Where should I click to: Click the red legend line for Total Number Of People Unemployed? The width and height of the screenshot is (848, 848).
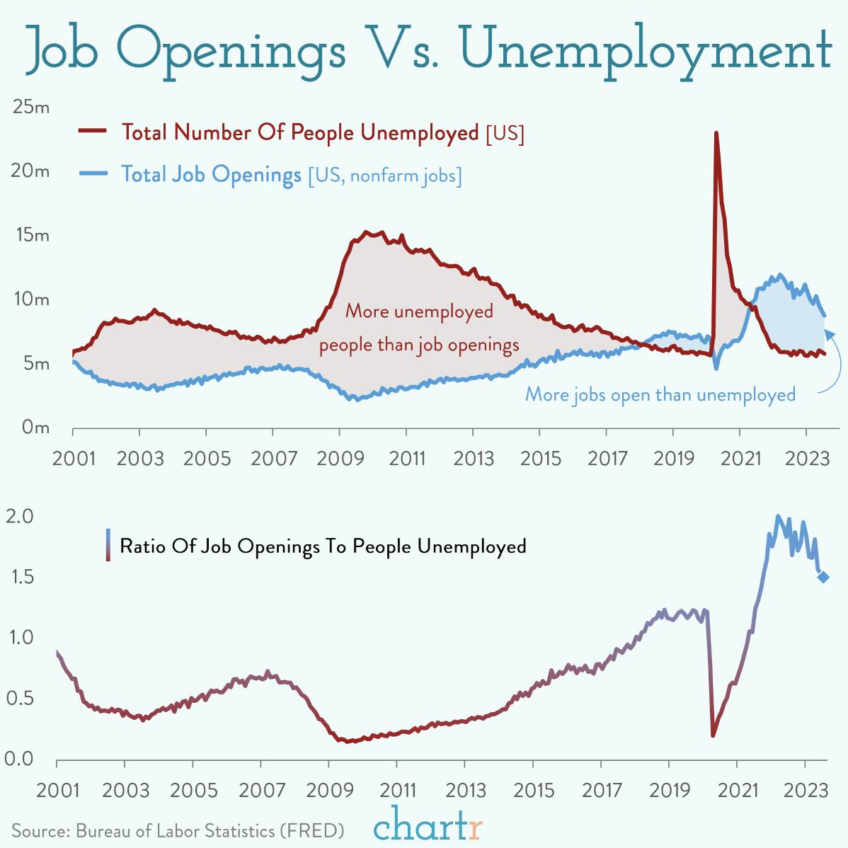point(92,131)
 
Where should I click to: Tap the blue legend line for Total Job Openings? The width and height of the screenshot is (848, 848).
point(92,173)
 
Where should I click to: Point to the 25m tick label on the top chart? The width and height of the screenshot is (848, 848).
point(31,108)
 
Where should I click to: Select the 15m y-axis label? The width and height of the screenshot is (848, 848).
point(31,235)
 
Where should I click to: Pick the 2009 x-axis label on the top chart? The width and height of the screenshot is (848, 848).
point(340,458)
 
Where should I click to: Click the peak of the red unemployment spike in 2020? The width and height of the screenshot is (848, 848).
point(716,133)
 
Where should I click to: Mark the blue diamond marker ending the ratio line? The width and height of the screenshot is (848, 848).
point(823,577)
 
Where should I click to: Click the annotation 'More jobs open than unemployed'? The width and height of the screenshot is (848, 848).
point(660,394)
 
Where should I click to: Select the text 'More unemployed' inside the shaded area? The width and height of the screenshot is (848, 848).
point(419,311)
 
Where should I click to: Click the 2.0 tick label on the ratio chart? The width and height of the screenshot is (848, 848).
point(20,517)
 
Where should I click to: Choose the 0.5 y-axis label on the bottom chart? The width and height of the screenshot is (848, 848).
point(20,699)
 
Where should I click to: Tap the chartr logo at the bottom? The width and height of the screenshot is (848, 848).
point(428,825)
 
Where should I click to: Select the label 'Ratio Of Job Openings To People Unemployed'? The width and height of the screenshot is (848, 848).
point(323,546)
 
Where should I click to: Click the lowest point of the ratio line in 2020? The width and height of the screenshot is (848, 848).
point(712,735)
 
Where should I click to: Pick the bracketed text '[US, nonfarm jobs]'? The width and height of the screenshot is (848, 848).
point(384,175)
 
